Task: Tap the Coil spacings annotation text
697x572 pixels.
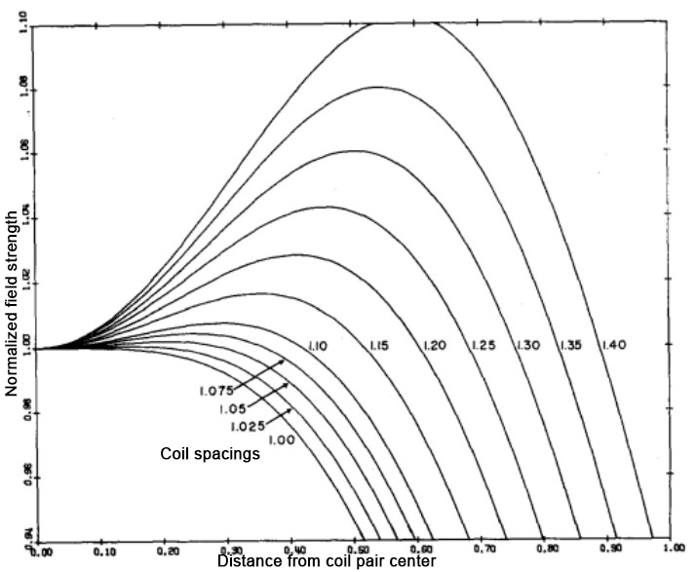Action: (209, 454)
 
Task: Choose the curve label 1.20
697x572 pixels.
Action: (436, 345)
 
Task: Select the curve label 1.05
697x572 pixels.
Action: (221, 409)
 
